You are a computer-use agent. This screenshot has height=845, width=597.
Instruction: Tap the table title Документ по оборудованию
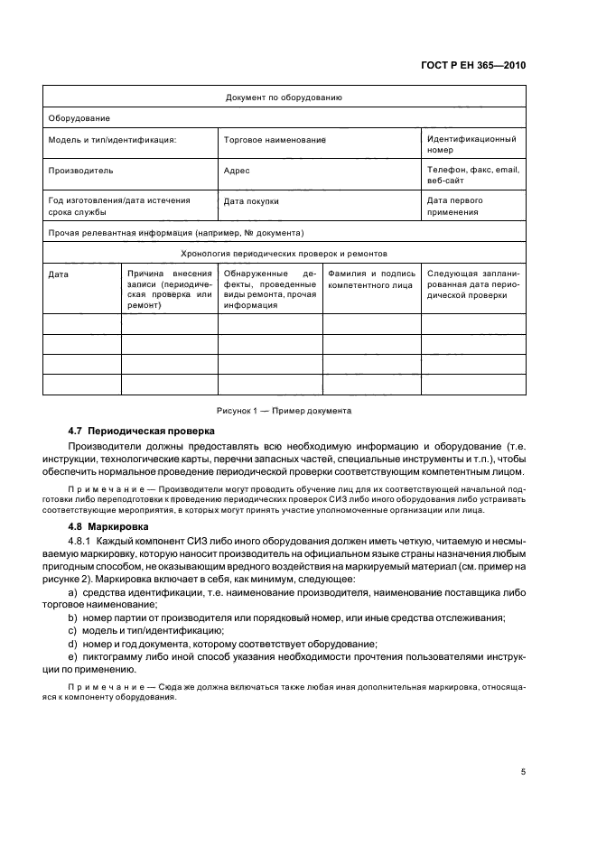pyautogui.click(x=283, y=97)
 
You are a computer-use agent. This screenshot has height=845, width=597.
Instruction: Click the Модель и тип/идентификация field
pyautogui.click(x=112, y=140)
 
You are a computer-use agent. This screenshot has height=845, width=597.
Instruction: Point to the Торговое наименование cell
pyautogui.click(x=274, y=140)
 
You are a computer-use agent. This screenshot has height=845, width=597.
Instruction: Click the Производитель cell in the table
pyautogui.click(x=80, y=170)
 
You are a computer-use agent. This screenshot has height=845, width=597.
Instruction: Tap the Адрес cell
pyautogui.click(x=237, y=170)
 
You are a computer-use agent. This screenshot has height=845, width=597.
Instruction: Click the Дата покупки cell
pyautogui.click(x=251, y=201)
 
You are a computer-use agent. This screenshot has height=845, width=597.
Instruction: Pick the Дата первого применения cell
pyautogui.click(x=455, y=206)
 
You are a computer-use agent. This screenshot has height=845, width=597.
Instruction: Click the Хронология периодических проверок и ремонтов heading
pyautogui.click(x=284, y=254)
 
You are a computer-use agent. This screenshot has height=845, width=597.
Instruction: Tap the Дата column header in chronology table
pyautogui.click(x=58, y=273)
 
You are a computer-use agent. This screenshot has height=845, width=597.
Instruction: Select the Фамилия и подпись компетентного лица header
pyautogui.click(x=372, y=278)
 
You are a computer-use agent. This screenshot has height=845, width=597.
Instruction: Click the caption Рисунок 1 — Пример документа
pyautogui.click(x=283, y=411)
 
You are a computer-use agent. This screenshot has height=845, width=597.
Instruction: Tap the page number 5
pyautogui.click(x=523, y=772)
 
